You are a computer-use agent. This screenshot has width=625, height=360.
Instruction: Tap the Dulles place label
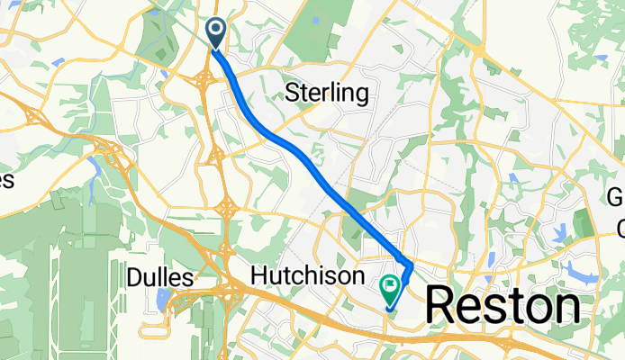tap(160, 278)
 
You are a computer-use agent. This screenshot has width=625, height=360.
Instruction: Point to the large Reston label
tap(502, 307)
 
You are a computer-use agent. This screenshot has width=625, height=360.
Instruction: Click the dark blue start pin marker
tap(217, 32)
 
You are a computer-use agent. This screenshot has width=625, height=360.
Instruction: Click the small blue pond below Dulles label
tap(163, 299)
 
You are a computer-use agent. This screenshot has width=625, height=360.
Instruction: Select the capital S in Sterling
tap(292, 93)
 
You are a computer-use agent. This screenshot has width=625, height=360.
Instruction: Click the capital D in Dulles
tap(133, 278)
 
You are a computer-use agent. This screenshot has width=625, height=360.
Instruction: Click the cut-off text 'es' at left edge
tap(5, 181)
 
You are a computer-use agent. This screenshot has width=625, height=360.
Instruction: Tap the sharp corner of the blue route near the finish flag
tap(412, 267)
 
